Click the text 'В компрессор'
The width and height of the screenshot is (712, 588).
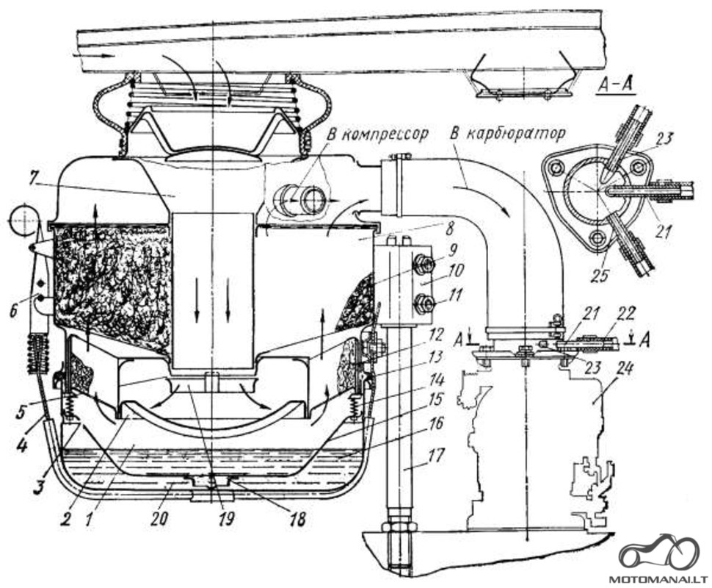[377, 134]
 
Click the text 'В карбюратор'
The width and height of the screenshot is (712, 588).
[508, 133]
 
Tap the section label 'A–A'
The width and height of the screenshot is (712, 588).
[616, 85]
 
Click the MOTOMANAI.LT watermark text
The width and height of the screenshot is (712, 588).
[658, 579]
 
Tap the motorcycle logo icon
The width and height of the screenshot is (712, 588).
[658, 553]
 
